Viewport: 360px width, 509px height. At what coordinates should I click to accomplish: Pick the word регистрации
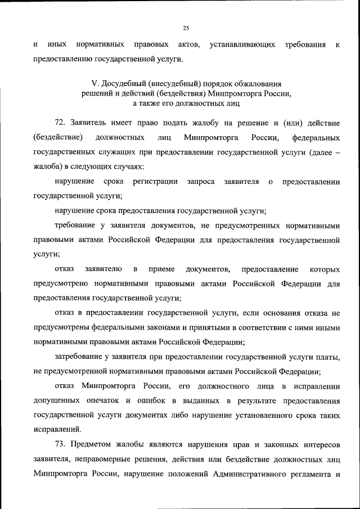(x=156, y=181)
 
